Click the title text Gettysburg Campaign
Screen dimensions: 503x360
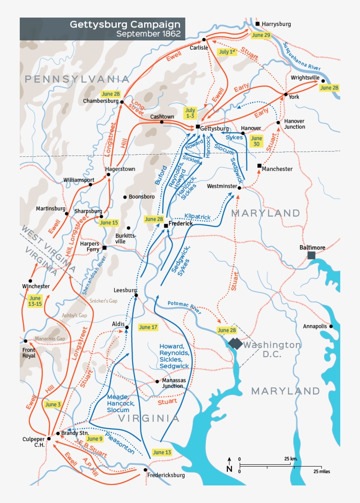(x=125, y=24)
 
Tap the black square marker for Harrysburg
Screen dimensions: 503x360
(x=258, y=24)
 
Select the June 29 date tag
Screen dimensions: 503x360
(x=261, y=35)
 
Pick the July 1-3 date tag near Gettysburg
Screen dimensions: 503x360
(x=190, y=112)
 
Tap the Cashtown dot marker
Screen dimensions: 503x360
(x=162, y=122)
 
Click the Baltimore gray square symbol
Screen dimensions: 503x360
(x=311, y=255)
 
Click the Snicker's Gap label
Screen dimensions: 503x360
(x=104, y=301)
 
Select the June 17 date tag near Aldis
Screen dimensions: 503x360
(x=148, y=327)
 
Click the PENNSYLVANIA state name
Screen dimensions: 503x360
(x=77, y=79)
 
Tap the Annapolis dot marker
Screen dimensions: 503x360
(x=331, y=326)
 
